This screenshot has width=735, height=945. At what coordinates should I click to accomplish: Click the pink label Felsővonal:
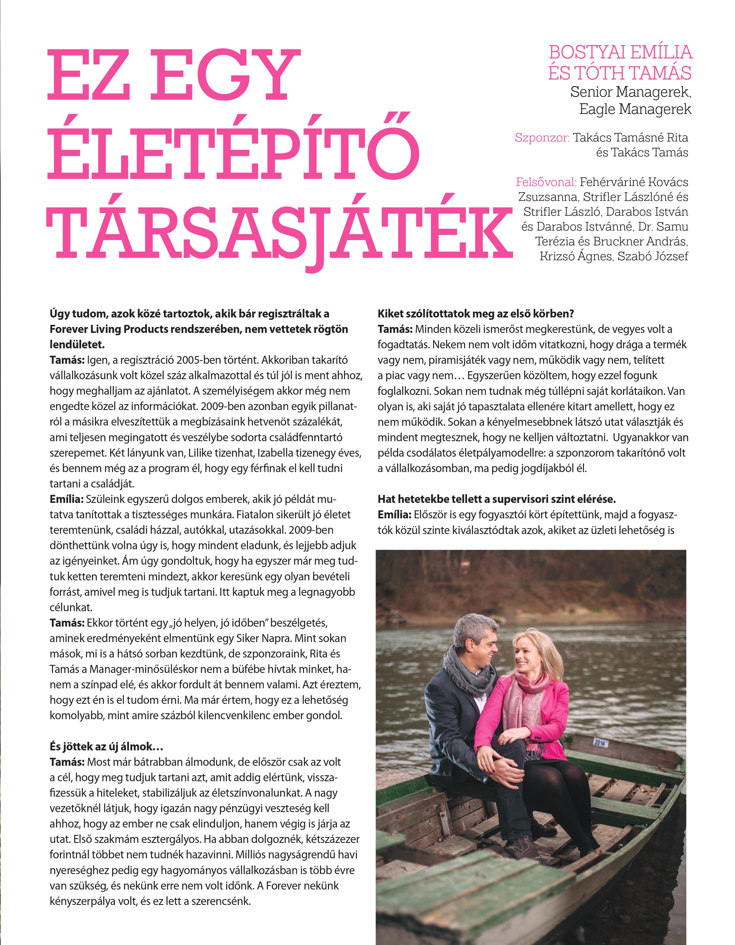point(545,182)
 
